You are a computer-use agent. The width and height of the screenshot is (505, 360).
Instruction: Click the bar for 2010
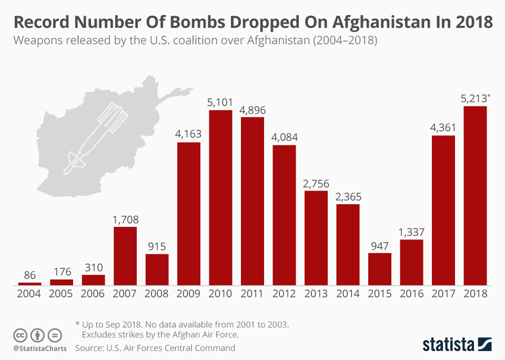[x=221, y=198]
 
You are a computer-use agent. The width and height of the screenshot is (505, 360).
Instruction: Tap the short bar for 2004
[x=30, y=284]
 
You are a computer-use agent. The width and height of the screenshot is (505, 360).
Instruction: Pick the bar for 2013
[x=316, y=238]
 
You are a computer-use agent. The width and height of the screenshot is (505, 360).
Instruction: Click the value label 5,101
[x=221, y=102]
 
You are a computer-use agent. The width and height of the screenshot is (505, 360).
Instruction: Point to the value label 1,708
[x=125, y=219]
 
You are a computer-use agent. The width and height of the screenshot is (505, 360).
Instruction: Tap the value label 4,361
[x=443, y=127]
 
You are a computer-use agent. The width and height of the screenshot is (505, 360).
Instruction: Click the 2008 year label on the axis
[x=157, y=294]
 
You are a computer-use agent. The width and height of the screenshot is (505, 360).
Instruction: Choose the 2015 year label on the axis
[x=380, y=294]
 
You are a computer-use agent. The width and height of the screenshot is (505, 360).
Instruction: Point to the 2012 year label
[x=284, y=294]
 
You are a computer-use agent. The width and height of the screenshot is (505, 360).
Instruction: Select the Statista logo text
[x=448, y=345]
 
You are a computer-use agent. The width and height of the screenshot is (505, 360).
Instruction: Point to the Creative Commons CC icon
[x=21, y=335]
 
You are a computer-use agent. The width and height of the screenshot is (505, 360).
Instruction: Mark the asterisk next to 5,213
[x=489, y=95]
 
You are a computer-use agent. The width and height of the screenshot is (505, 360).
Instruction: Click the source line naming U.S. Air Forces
[x=155, y=348]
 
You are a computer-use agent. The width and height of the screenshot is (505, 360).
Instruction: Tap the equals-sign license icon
[x=55, y=335]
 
